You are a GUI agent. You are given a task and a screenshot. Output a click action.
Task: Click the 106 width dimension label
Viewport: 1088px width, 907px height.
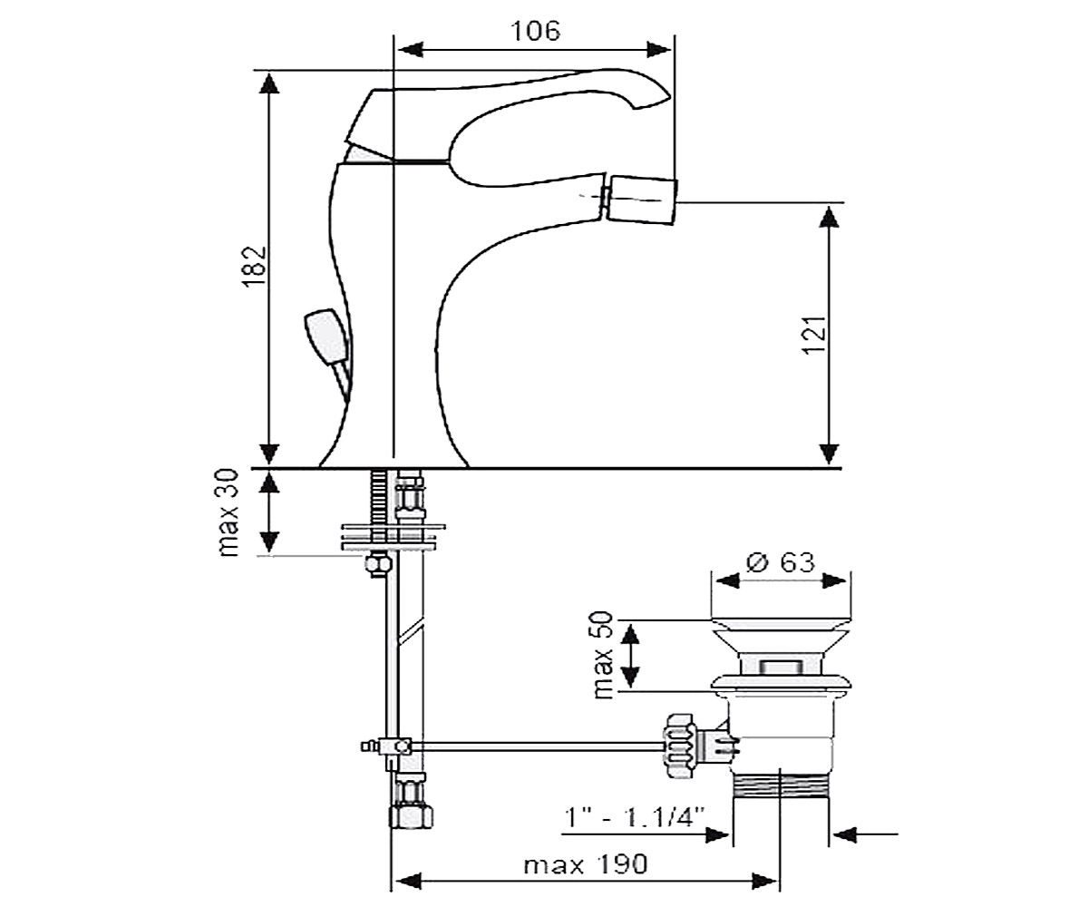(x=536, y=31)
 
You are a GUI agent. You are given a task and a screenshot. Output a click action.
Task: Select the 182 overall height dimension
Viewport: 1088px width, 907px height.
(x=254, y=267)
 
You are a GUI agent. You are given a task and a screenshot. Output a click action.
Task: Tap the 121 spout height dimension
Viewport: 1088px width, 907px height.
(x=814, y=335)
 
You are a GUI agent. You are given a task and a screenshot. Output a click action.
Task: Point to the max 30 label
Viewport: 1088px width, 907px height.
(x=228, y=513)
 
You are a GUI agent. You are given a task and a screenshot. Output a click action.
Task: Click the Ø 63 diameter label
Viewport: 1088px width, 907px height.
(x=780, y=562)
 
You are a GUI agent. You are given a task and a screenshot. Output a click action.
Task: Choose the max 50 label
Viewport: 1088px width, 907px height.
(x=604, y=655)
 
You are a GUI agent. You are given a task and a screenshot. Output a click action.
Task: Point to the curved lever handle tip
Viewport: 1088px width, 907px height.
(x=651, y=93)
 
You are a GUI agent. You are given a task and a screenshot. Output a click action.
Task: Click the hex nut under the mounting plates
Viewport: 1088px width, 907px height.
(x=378, y=564)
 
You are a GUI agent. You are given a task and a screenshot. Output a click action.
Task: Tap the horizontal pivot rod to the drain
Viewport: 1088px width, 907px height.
(x=538, y=746)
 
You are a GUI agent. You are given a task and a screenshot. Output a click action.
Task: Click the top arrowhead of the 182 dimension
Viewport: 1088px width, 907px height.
(x=269, y=83)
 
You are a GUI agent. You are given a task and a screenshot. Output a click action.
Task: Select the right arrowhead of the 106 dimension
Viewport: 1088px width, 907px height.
(x=658, y=50)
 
